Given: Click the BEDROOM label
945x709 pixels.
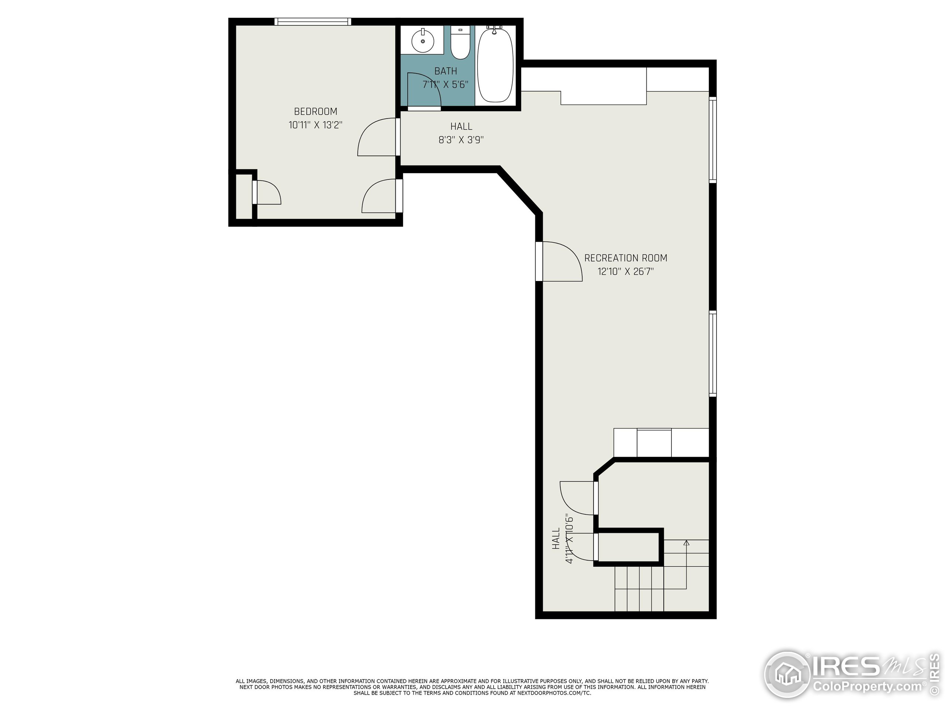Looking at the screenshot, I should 315,112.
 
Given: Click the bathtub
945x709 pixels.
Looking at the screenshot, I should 495,65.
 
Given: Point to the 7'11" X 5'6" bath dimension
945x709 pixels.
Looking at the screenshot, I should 445,85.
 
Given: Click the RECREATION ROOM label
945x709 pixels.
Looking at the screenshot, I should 625,258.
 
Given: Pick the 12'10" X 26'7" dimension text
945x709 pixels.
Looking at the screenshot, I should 625,272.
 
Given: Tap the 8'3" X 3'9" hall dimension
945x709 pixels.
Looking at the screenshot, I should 461,140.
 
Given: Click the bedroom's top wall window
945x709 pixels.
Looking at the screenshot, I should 313,22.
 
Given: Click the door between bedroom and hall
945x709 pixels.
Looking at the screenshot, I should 377,138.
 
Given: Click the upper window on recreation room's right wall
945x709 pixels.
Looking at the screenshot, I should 712,140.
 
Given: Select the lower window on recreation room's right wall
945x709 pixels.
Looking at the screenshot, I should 712,354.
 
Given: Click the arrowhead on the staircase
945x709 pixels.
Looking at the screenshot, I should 687,543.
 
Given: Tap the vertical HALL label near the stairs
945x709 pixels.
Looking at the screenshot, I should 556,539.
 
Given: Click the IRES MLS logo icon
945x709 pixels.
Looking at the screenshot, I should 787,676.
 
